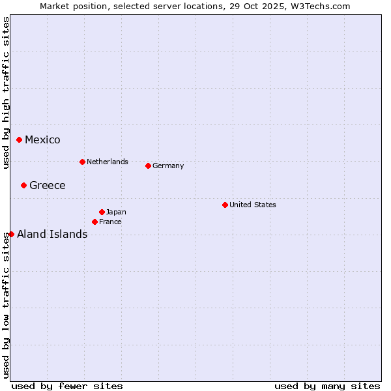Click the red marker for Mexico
coord(20,139)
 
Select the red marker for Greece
coord(24,185)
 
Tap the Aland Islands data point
coord(11,234)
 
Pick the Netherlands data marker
coord(82,162)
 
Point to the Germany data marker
coord(149,166)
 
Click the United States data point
coord(225,205)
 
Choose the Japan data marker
coord(102,212)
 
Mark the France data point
coord(95,222)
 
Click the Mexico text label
coord(42,140)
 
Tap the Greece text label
coord(48,186)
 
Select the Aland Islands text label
coord(52,235)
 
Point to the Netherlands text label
coord(108,162)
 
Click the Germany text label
coord(168,166)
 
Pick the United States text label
coord(253,205)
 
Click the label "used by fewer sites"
coord(67,386)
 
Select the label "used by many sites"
coord(327,386)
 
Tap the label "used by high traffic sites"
coord(6,93)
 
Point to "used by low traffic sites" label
coord(6,305)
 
